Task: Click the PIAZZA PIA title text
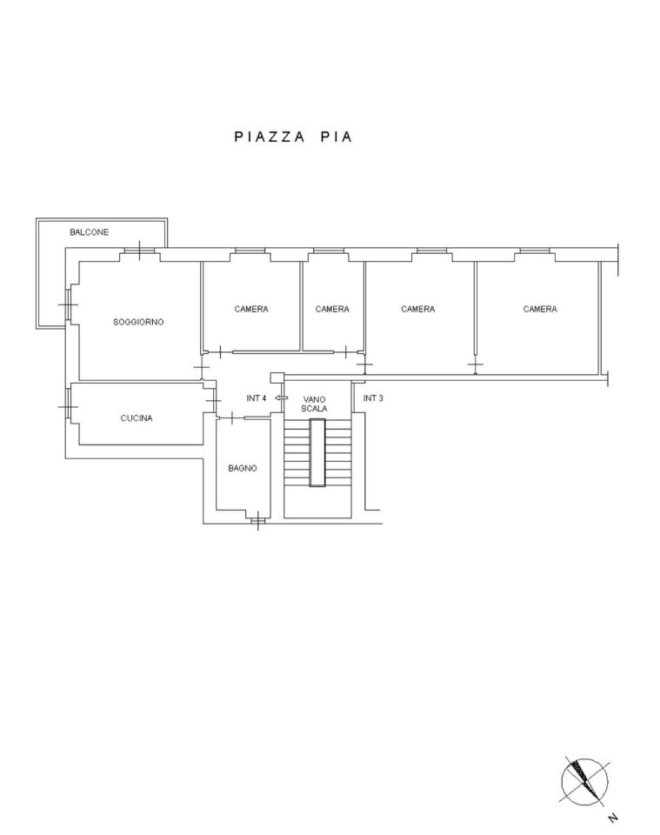[x=293, y=137]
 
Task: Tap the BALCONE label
[x=89, y=232]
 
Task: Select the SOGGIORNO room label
[x=138, y=322]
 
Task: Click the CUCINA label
[x=137, y=418]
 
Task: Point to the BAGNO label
[x=243, y=469]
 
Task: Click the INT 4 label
[x=256, y=398]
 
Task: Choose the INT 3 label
[x=372, y=398]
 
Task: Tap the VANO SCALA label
[x=314, y=404]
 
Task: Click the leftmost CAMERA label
[x=251, y=309]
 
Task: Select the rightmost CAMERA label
[x=540, y=309]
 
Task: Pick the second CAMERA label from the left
[x=332, y=309]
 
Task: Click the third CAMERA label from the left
[x=417, y=309]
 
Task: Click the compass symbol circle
[x=584, y=782]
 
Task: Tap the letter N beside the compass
[x=613, y=818]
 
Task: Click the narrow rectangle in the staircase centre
[x=317, y=452]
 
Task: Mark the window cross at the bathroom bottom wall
[x=257, y=520]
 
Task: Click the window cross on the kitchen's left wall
[x=68, y=407]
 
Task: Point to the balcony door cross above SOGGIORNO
[x=139, y=250]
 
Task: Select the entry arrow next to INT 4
[x=281, y=397]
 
